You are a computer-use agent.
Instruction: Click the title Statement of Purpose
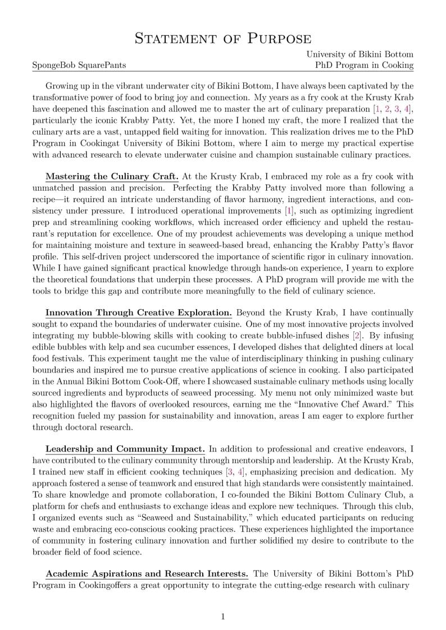point(223,38)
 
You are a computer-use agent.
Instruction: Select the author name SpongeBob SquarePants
point(79,65)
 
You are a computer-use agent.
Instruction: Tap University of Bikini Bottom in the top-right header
point(359,54)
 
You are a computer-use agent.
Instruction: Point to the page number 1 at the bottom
point(223,617)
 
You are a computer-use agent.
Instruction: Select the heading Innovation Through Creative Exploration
point(138,312)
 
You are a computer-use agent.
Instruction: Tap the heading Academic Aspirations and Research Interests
point(147,574)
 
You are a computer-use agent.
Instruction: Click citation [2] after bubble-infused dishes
point(357,336)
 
